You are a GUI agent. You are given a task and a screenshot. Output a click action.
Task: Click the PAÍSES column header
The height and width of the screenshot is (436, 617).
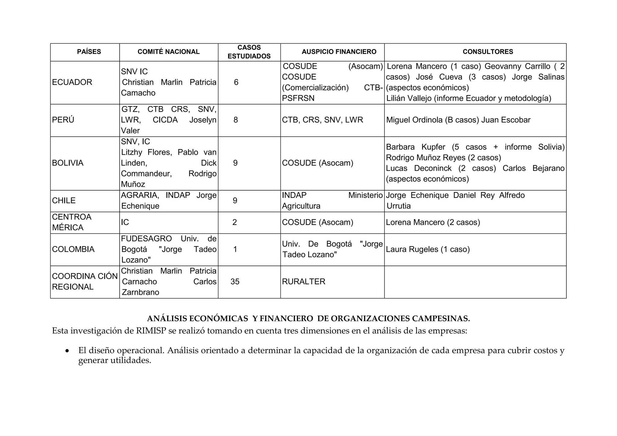pos(89,52)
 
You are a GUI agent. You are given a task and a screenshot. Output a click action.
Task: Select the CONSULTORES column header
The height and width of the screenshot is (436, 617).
pos(488,52)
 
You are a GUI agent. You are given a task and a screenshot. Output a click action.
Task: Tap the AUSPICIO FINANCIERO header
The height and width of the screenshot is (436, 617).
pos(339,52)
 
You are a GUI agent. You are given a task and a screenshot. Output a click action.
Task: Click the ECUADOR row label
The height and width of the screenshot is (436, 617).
pos(72,82)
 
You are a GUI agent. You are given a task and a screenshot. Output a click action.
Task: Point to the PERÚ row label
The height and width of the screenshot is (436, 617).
pos(63,120)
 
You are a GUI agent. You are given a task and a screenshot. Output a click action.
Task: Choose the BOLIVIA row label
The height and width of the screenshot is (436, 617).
pos(68,163)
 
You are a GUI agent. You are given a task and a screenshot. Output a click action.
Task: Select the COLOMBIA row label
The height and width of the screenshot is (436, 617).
pos(73,249)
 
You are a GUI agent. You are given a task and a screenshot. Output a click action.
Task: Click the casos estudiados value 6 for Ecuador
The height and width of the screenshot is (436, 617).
pos(236,82)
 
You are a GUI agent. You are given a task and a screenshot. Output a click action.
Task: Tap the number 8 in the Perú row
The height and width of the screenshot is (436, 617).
pos(236,120)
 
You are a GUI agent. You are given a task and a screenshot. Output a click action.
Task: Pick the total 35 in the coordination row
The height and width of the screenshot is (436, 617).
pos(235,282)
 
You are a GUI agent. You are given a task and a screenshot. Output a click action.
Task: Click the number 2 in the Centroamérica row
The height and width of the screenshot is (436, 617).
pos(235,222)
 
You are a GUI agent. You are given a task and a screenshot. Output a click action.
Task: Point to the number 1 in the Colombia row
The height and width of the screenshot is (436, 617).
pos(235,249)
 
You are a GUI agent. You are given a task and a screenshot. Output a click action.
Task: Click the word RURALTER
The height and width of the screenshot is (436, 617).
pos(304,282)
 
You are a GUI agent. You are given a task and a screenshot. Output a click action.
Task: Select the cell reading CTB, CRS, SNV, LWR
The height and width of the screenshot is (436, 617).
pos(322,120)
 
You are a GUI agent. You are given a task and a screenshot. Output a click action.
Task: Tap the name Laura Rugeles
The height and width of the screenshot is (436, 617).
pos(412,249)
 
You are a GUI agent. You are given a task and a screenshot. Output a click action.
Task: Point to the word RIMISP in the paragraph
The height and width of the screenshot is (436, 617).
pos(151,331)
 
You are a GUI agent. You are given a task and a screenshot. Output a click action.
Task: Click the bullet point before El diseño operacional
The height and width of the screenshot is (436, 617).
pos(67,351)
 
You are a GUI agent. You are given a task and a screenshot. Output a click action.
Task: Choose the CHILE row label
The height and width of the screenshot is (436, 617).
pos(64,201)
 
